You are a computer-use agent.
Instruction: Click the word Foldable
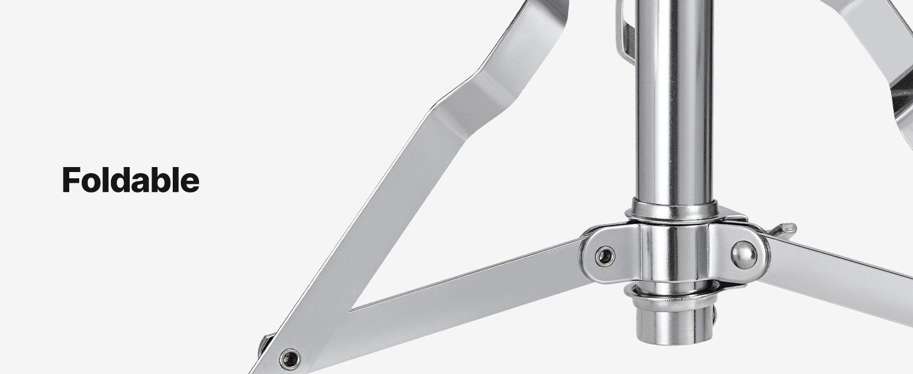click(x=130, y=180)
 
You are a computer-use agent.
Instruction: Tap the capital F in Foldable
click(x=70, y=180)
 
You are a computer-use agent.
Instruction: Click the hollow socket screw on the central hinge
click(x=605, y=256)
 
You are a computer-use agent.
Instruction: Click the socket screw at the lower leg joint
click(x=290, y=359)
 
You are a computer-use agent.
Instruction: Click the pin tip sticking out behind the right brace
click(x=786, y=230)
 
